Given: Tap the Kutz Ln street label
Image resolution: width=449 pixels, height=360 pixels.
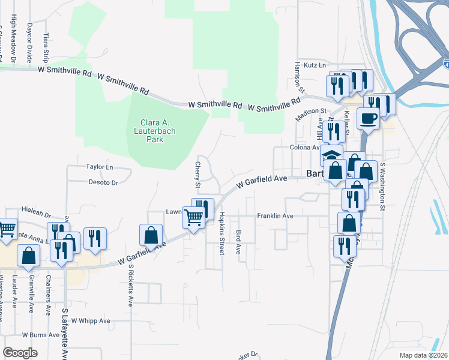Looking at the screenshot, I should tap(313, 65).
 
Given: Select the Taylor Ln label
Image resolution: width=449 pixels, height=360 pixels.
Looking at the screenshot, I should tap(100, 167).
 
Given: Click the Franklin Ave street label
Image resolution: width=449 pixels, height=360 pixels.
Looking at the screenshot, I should tap(275, 216).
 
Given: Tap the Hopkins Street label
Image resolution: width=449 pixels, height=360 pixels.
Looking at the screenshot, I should tap(221, 233).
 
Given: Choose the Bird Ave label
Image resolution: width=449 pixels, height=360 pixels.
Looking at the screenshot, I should tap(239, 241).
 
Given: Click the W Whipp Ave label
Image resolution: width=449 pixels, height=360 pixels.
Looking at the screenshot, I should tap(91, 321).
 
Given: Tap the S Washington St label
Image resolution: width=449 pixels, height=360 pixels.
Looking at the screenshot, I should tap(382, 187).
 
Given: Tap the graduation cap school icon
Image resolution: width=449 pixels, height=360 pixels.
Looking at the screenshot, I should tap(331, 154).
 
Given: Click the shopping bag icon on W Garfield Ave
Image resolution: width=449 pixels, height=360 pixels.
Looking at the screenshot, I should tap(151, 234).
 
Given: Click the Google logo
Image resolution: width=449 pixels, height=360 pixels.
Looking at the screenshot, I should tap(20, 353).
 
